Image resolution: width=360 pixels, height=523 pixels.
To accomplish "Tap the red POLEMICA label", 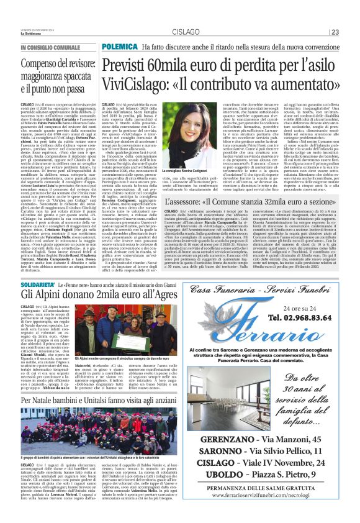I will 120,47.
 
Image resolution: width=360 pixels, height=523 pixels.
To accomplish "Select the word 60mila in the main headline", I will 179,64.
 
